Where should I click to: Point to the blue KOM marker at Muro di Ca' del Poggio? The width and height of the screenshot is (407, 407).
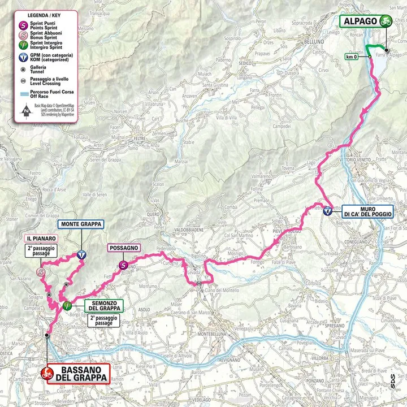tap(328, 211)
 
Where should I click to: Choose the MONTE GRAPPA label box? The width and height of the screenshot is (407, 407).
tap(83, 224)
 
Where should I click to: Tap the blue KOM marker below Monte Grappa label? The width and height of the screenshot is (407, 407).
tap(83, 254)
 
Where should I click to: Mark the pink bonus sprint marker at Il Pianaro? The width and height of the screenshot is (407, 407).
tap(41, 272)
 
